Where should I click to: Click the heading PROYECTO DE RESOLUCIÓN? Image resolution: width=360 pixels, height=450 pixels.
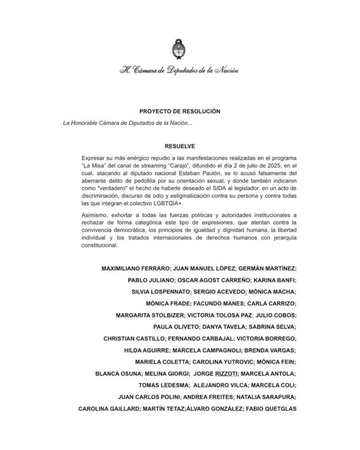[180, 111]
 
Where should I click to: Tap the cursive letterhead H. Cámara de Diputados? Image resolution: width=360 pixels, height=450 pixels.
[179, 70]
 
